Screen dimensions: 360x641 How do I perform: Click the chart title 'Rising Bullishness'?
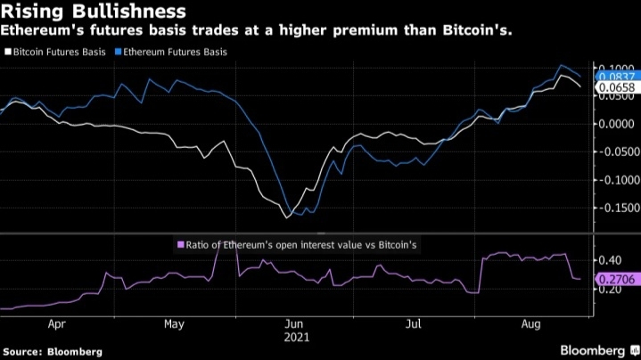(x=93, y=12)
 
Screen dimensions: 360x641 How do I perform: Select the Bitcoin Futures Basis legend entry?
(x=57, y=52)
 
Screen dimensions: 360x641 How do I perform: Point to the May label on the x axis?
(x=176, y=325)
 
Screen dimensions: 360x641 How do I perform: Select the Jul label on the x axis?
(x=414, y=325)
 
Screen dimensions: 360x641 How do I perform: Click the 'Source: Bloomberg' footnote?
(x=52, y=351)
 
